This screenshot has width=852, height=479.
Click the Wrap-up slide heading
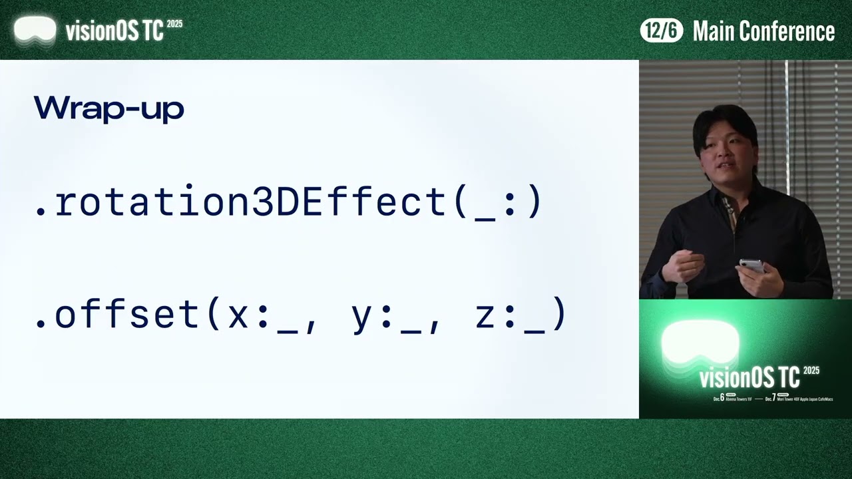(x=108, y=108)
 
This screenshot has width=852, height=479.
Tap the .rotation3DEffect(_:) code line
(x=289, y=202)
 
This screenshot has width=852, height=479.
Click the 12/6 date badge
(x=661, y=31)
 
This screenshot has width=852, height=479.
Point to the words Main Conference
(x=763, y=31)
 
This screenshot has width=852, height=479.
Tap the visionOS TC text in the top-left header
(x=114, y=31)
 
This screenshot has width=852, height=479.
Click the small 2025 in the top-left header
(x=174, y=24)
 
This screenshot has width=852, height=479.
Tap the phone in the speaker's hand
(x=751, y=265)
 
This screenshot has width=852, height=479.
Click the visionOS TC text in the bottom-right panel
(x=749, y=378)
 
